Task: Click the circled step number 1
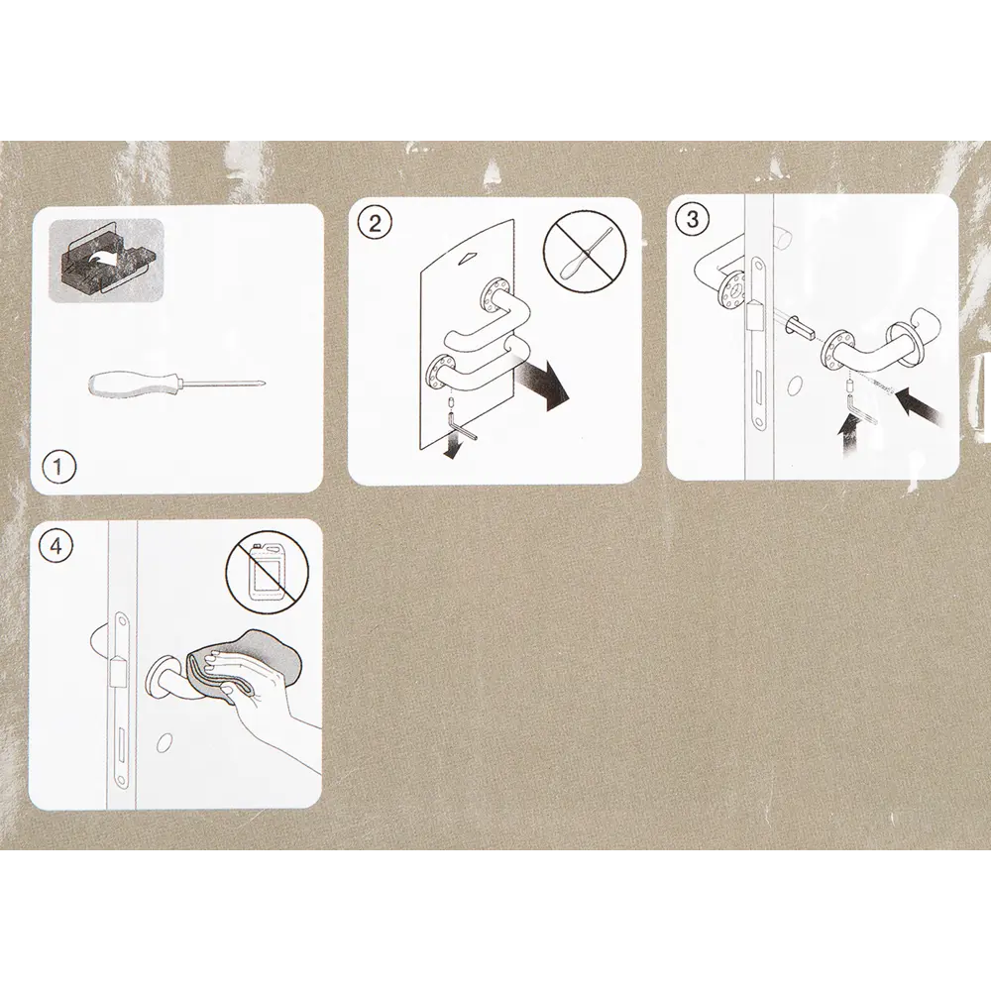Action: (x=57, y=467)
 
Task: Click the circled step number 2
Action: (x=375, y=223)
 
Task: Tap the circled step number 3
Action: (x=693, y=220)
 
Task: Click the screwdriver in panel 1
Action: (x=178, y=385)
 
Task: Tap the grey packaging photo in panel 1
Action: (x=106, y=261)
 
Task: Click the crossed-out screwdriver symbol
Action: (x=585, y=250)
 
